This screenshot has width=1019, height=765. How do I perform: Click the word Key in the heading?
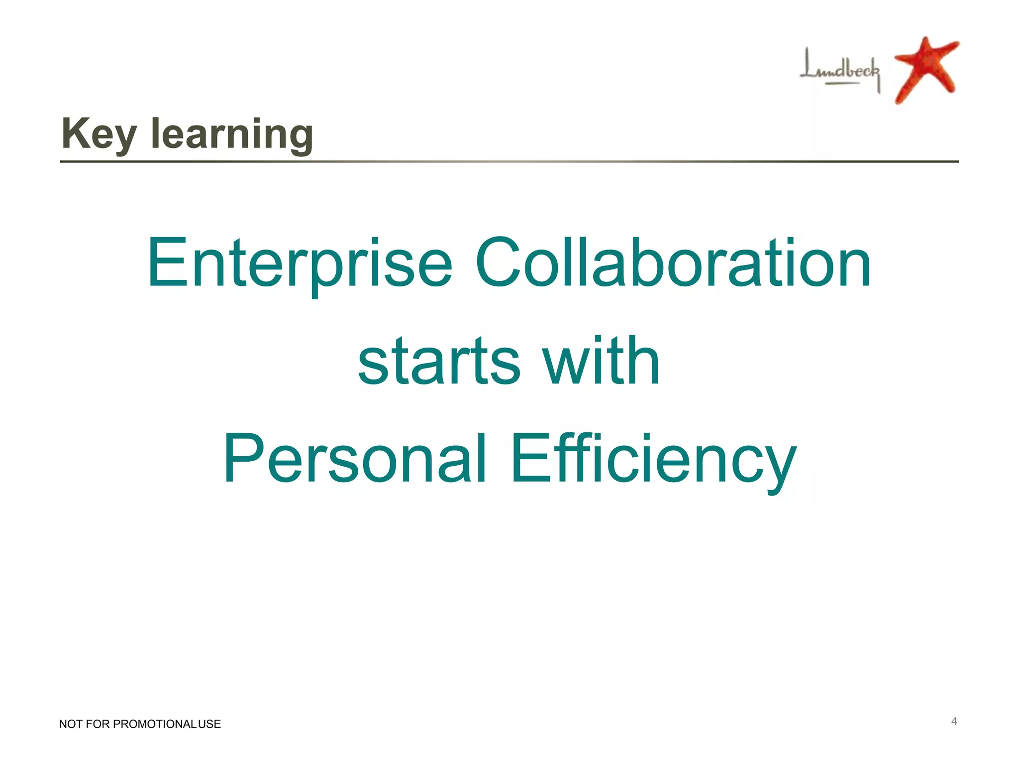point(99,134)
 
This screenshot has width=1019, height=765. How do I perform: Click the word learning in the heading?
point(232,134)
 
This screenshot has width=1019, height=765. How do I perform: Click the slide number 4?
point(954,721)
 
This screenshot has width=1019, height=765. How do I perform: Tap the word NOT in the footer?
point(71,724)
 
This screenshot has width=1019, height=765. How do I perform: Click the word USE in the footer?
point(209,724)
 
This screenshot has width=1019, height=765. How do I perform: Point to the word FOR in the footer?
point(98,724)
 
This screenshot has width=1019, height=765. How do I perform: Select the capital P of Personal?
point(242,458)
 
